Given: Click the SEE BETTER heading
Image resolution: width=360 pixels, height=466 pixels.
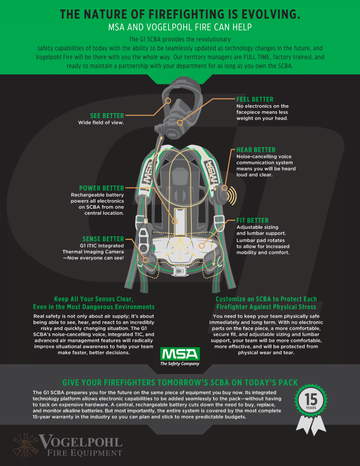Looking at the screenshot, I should pyautogui.click(x=107, y=116).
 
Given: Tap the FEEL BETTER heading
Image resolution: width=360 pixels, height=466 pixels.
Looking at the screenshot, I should pyautogui.click(x=255, y=100).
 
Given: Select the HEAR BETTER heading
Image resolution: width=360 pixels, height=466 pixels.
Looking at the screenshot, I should pyautogui.click(x=256, y=150).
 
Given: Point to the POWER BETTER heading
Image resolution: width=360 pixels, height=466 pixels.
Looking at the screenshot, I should pyautogui.click(x=102, y=188).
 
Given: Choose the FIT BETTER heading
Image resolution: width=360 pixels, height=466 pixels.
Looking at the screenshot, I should pyautogui.click(x=252, y=221).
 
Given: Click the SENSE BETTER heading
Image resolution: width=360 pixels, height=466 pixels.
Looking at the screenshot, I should pyautogui.click(x=103, y=239).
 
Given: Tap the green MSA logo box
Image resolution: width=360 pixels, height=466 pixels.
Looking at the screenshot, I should pyautogui.click(x=180, y=354).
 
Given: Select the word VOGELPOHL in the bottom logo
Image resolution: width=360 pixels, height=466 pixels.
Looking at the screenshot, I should pyautogui.click(x=81, y=442).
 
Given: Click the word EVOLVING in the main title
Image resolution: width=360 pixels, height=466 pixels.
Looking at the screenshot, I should pyautogui.click(x=271, y=14).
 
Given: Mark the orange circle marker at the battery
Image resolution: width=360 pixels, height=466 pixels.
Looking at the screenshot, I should pyautogui.click(x=174, y=221).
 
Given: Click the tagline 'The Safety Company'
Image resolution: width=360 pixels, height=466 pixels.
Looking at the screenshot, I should pyautogui.click(x=180, y=363).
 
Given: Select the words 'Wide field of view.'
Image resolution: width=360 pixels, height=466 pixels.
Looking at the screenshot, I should pyautogui.click(x=101, y=123).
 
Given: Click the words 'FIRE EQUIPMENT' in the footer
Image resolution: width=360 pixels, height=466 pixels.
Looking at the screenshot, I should pyautogui.click(x=85, y=453).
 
